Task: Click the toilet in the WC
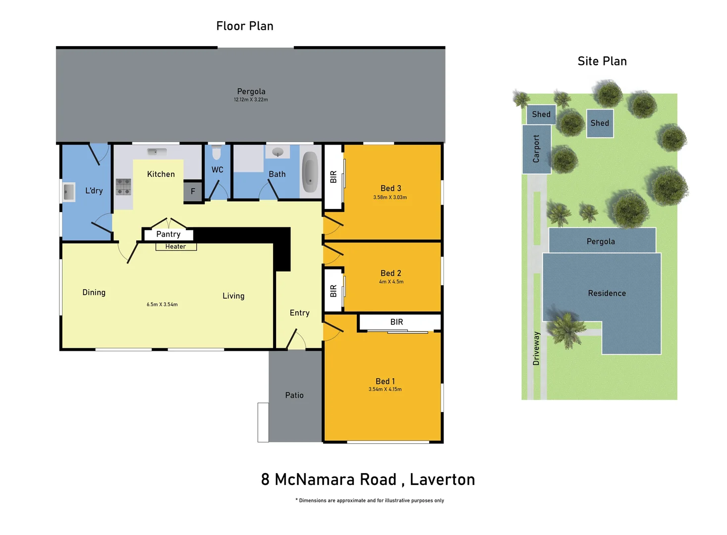tap(217, 153)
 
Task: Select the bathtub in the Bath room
tap(310, 172)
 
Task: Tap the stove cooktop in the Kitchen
tap(123, 187)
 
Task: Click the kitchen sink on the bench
tap(157, 152)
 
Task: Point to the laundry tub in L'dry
tap(69, 192)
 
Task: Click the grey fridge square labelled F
tap(193, 191)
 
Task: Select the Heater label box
tap(176, 247)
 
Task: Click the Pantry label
tap(168, 234)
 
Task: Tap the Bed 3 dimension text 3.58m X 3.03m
tap(390, 198)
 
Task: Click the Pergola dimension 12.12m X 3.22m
tap(251, 100)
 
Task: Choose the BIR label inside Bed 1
tap(396, 322)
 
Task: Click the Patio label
tap(294, 395)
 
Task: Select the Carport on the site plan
tap(536, 149)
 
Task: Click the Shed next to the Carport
tap(541, 114)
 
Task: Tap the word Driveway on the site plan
tap(536, 348)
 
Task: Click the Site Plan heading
tap(602, 61)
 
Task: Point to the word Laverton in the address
tap(442, 480)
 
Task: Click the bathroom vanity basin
tap(278, 152)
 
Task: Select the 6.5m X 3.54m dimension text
tap(162, 305)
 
